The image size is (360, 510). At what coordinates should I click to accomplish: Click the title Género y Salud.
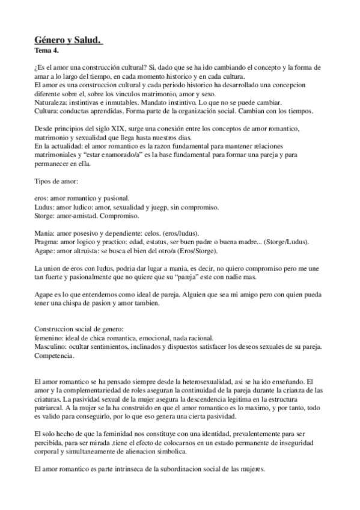pyautogui.click(x=69, y=40)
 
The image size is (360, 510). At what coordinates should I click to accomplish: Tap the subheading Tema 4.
pyautogui.click(x=47, y=51)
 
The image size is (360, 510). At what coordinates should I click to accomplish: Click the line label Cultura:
pyautogui.click(x=46, y=112)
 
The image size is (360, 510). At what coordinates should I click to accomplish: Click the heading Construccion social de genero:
pyautogui.click(x=79, y=330)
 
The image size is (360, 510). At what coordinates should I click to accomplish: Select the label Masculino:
pyautogui.click(x=52, y=347)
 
